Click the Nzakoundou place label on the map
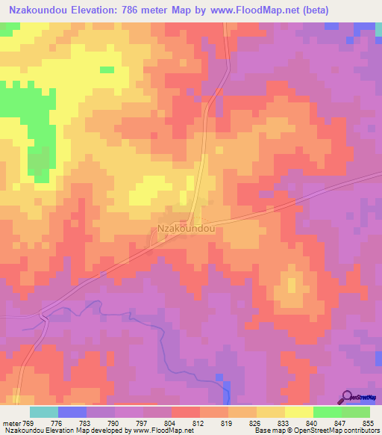tap(187, 229)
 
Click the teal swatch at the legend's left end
tap(44, 412)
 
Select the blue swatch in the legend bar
tap(72, 412)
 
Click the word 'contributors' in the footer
tap(360, 431)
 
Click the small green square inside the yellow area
tap(107, 70)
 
